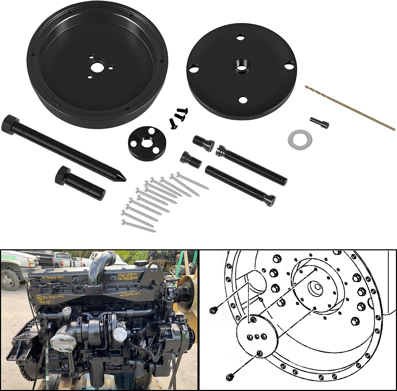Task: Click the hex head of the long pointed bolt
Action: click(x=10, y=122)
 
